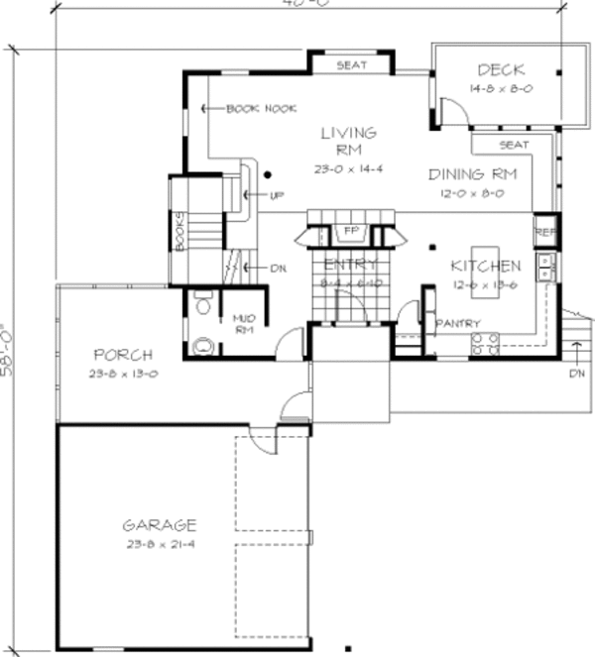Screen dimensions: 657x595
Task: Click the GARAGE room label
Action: click(159, 525)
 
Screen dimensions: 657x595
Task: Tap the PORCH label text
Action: click(122, 355)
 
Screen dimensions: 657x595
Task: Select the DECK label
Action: click(500, 70)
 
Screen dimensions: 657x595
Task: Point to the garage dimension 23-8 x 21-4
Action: click(159, 544)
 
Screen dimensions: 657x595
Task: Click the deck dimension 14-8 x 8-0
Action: click(500, 88)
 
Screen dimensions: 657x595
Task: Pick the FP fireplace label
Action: click(350, 232)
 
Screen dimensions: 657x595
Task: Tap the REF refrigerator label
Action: click(545, 232)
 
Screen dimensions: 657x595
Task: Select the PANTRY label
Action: click(457, 324)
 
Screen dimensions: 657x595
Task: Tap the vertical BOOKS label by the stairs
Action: click(179, 233)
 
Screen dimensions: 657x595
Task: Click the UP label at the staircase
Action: click(277, 195)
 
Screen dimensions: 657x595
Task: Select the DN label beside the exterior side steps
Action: click(578, 375)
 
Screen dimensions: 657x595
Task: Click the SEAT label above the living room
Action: click(351, 65)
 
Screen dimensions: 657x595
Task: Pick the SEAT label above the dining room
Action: click(513, 145)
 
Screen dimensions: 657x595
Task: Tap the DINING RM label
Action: click(472, 174)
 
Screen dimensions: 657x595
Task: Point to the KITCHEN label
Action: click(485, 267)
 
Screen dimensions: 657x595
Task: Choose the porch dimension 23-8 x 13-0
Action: click(122, 374)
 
